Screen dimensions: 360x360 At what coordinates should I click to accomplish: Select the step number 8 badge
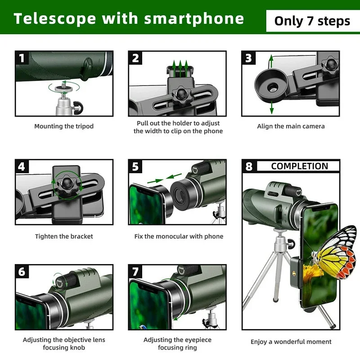[249, 166]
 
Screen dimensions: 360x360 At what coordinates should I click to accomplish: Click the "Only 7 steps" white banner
[312, 21]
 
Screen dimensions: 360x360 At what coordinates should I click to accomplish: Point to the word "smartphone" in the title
[194, 18]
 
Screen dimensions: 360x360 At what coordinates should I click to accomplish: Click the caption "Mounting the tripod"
[64, 126]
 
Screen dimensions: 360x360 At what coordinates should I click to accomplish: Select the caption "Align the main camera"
[291, 126]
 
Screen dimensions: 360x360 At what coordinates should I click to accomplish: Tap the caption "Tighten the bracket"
[64, 236]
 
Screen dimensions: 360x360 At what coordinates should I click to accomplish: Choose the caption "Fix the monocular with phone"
[179, 236]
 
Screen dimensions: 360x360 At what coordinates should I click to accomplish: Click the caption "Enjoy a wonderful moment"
[291, 342]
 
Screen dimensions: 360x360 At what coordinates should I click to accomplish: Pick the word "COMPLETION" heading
[299, 166]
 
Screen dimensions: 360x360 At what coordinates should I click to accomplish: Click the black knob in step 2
[181, 94]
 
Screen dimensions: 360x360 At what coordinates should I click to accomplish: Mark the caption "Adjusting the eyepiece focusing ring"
[177, 344]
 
